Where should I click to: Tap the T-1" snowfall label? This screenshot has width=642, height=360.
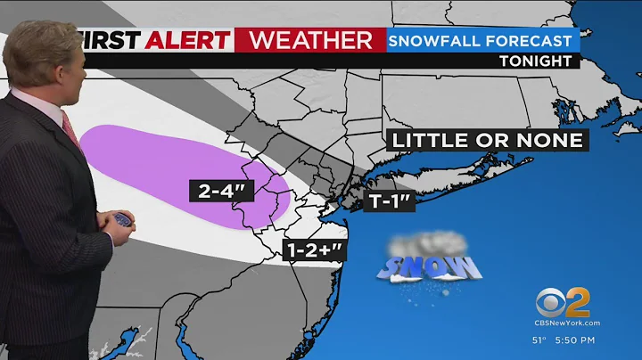[x=389, y=200]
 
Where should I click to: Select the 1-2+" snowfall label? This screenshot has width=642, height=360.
[x=314, y=250]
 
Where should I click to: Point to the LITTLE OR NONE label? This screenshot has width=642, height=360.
[x=487, y=140]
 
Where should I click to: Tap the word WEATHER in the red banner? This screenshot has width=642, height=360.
[x=309, y=40]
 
